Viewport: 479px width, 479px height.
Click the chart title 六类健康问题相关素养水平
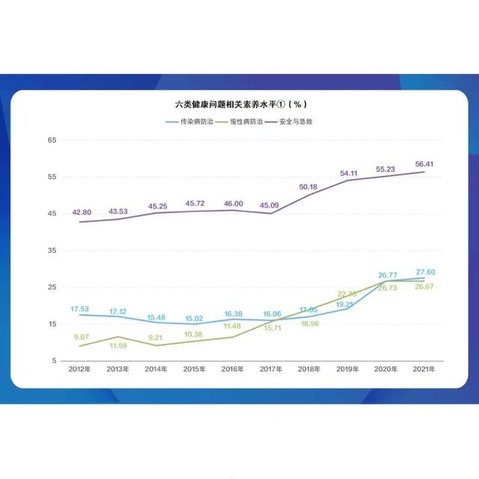239,104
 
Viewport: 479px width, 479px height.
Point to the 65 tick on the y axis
52,140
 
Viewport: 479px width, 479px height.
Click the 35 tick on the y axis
52,251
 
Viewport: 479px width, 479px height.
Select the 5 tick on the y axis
54,361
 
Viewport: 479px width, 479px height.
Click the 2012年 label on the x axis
79,370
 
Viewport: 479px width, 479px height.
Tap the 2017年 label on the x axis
271,370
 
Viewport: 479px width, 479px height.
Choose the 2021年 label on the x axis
424,370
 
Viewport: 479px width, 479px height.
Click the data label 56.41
424,162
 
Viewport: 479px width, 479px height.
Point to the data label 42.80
80,213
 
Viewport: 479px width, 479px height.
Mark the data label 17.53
80,308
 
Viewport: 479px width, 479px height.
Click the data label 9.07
80,337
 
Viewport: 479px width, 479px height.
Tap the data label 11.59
118,347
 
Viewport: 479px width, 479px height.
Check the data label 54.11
348,174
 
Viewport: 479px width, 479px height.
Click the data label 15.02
195,317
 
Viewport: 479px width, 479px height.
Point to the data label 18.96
308,324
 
